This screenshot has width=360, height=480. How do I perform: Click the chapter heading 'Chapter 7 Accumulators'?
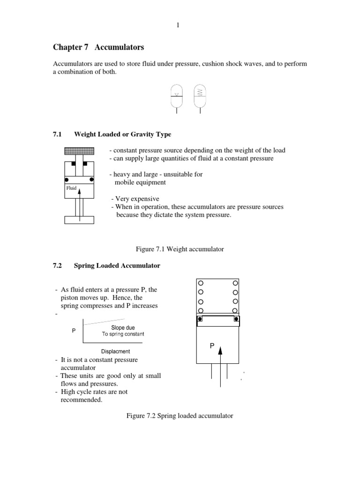pyautogui.click(x=98, y=47)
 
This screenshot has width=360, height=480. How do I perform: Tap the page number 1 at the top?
pyautogui.click(x=178, y=25)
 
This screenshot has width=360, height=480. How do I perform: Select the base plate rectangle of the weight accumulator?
pyautogui.click(x=79, y=219)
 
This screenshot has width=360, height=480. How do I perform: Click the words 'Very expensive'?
pyautogui.click(x=136, y=199)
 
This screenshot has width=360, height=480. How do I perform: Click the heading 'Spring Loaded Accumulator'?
pyautogui.click(x=117, y=266)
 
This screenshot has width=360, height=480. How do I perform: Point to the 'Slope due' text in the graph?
pyautogui.click(x=123, y=327)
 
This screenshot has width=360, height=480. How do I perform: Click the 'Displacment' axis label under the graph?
pyautogui.click(x=116, y=351)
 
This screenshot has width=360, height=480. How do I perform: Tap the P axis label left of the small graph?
pyautogui.click(x=74, y=330)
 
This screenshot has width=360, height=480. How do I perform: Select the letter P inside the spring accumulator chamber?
pyautogui.click(x=212, y=345)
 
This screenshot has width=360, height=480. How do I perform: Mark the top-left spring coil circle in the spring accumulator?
pyautogui.click(x=201, y=284)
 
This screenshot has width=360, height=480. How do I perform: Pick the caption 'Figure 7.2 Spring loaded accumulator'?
pyautogui.click(x=180, y=416)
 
